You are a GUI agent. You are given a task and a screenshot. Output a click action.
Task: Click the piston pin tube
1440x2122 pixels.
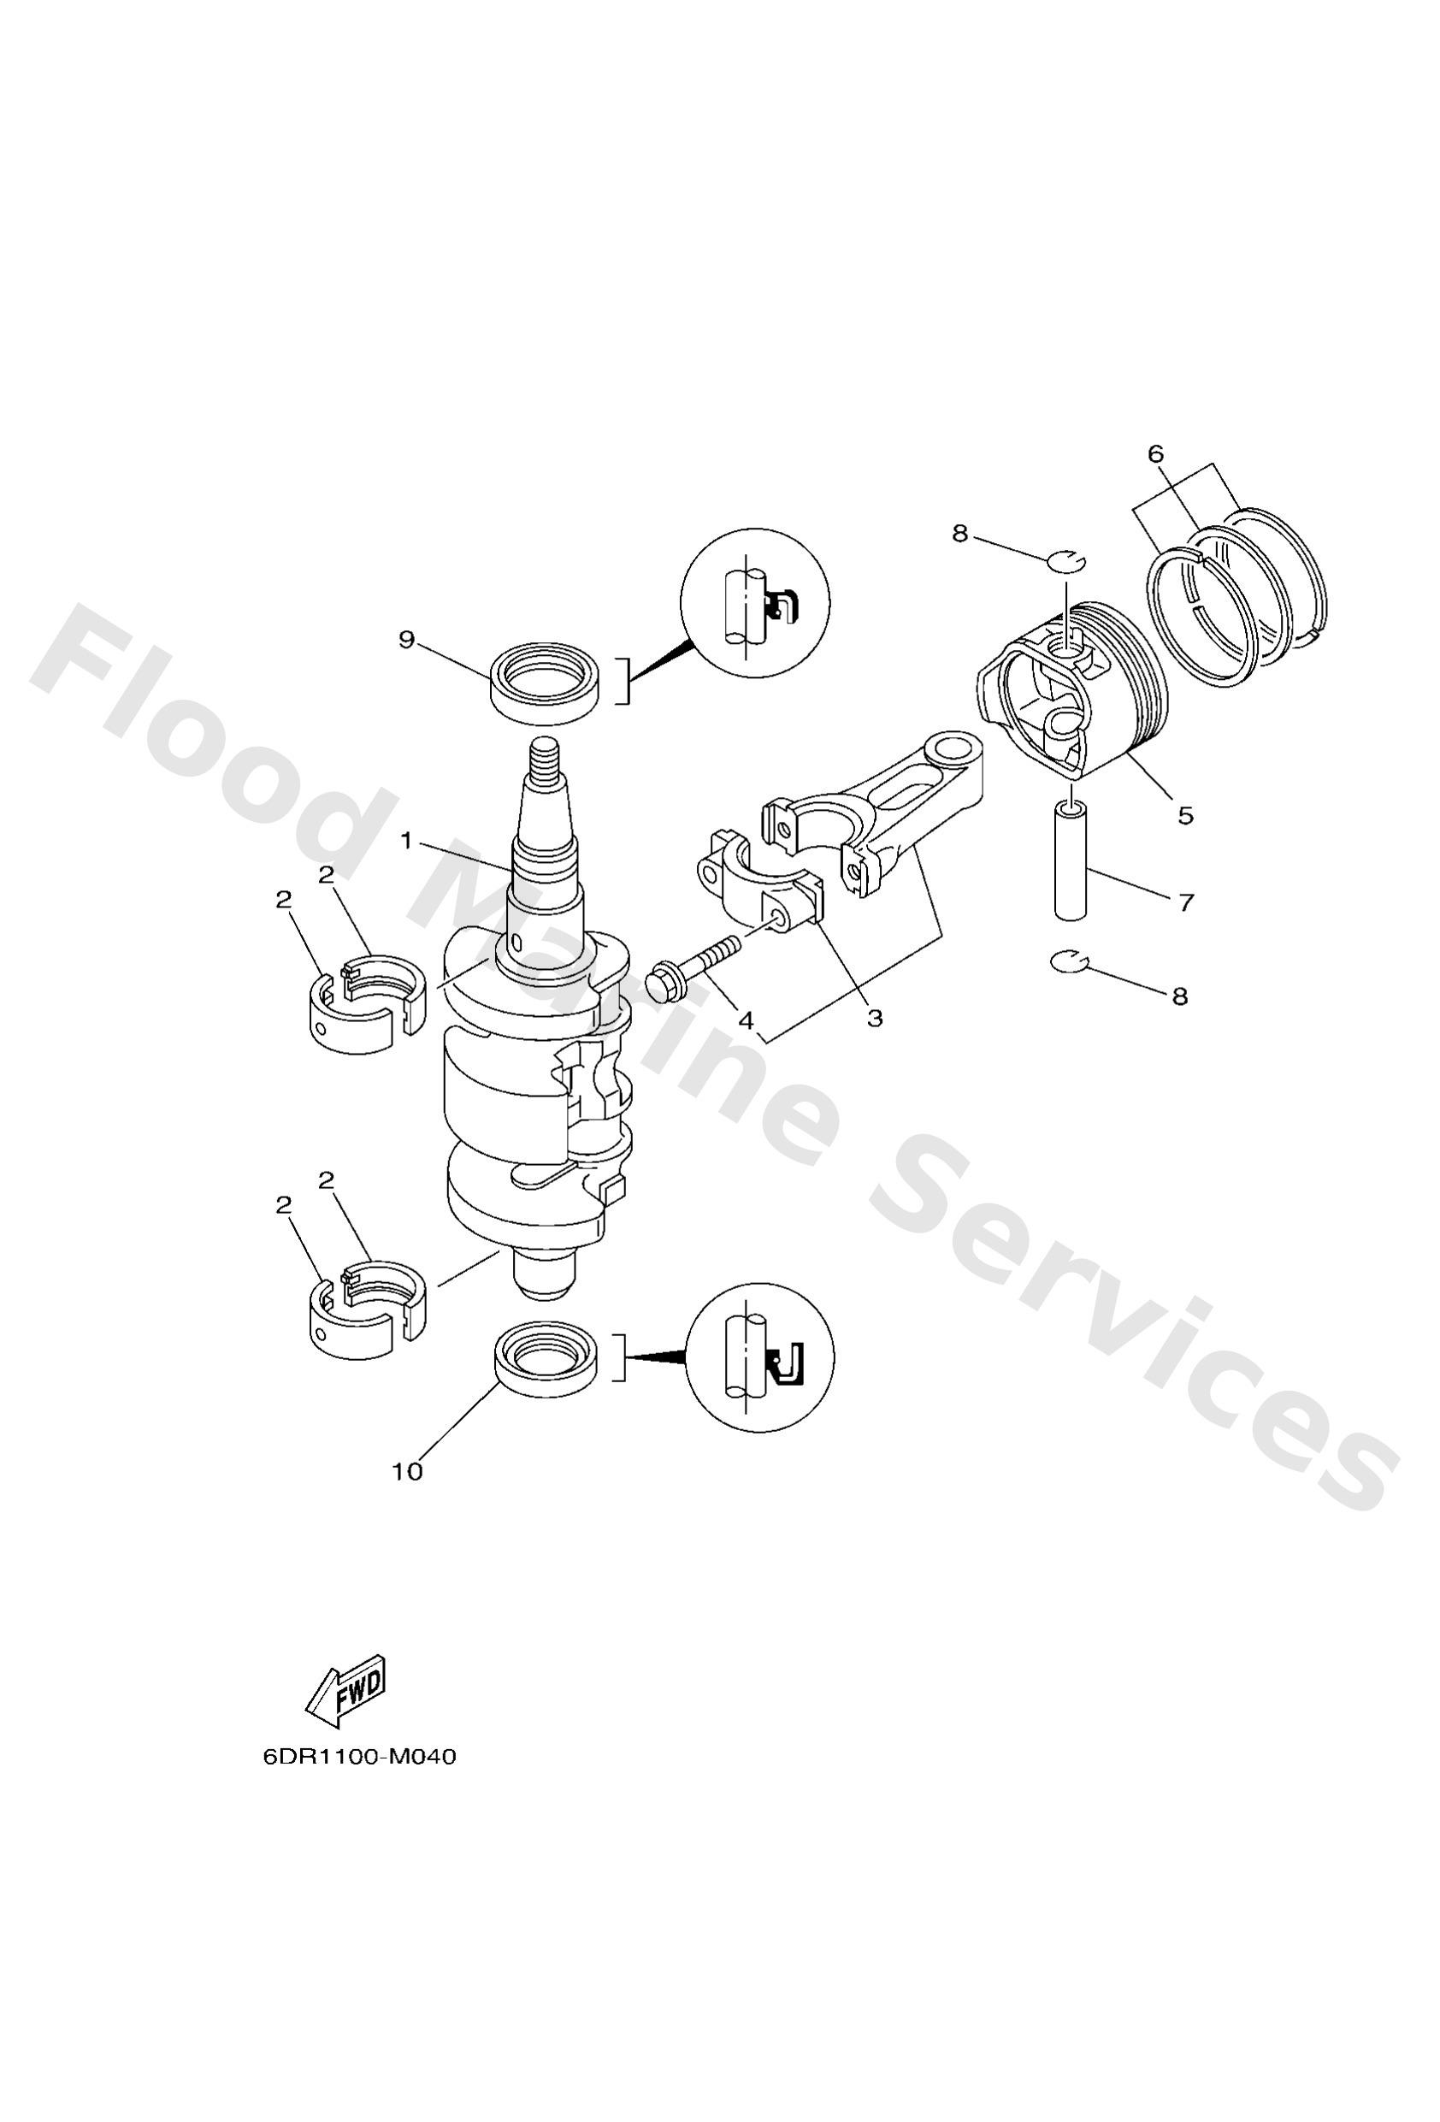click(1071, 860)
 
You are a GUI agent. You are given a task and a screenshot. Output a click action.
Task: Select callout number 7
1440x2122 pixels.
click(1185, 903)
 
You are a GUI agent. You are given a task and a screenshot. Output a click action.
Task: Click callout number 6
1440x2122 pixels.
click(1156, 453)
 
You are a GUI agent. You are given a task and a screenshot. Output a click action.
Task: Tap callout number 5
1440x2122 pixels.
click(1185, 814)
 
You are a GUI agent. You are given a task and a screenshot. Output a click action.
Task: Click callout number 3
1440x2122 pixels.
click(875, 1017)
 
